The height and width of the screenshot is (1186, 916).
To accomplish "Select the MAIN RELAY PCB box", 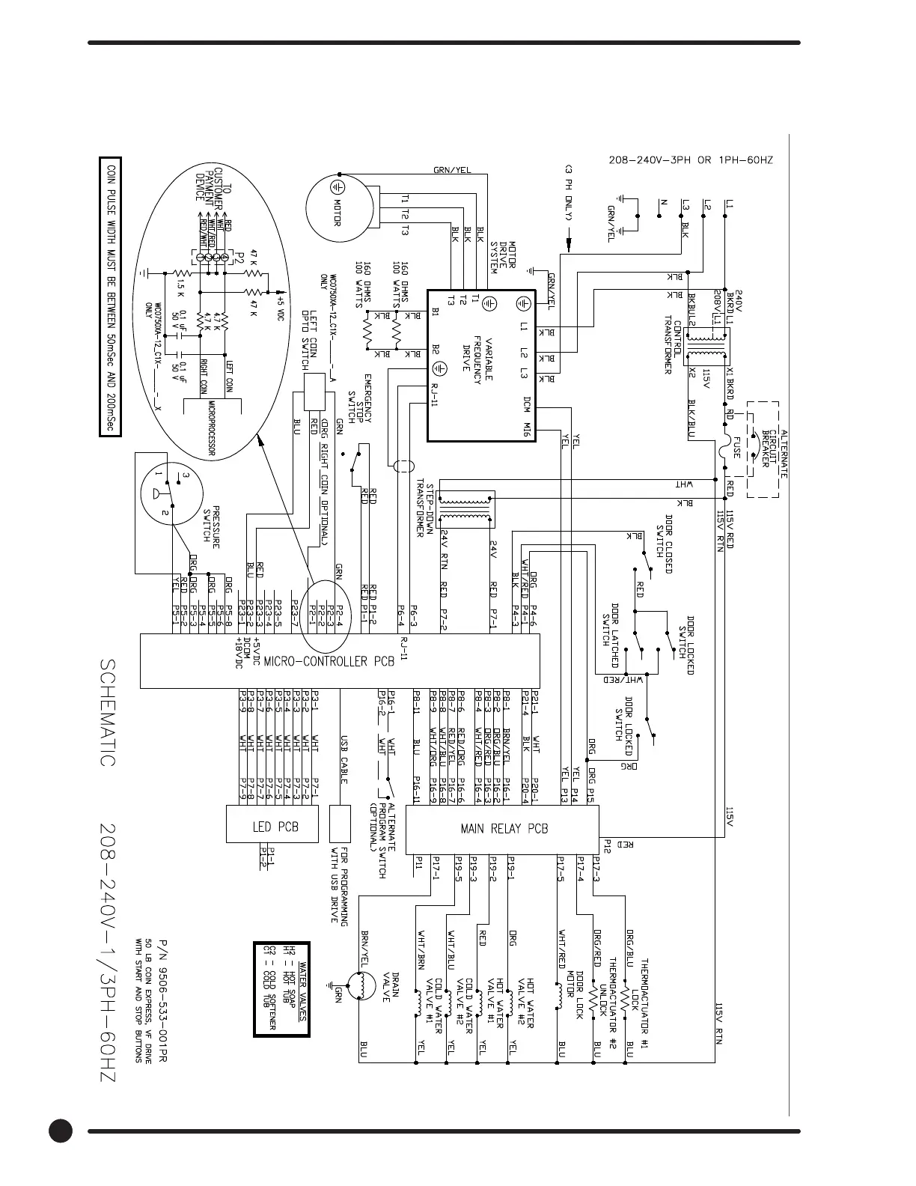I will pos(503,829).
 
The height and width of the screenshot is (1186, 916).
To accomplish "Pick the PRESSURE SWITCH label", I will pos(212,523).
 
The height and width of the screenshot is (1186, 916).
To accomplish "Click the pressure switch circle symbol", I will pos(168,493).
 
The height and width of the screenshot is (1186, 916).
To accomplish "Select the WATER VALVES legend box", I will pos(281,990).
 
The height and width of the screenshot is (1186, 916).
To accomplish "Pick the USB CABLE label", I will pos(344,758).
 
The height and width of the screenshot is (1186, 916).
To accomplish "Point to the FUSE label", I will pos(736,447).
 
